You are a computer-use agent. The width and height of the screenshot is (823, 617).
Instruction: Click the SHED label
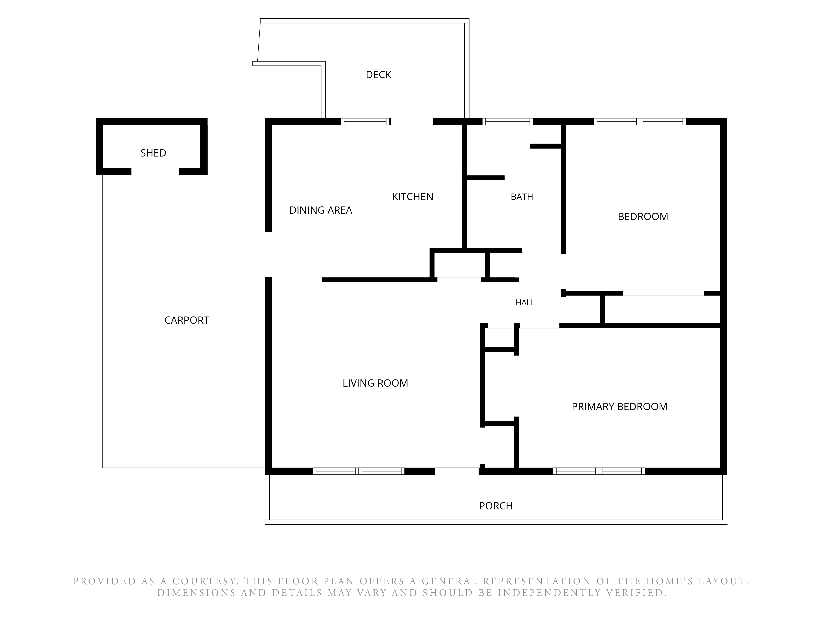click(x=153, y=153)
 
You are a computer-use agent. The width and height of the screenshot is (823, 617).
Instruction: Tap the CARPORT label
click(x=187, y=320)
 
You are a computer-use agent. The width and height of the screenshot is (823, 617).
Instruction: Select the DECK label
click(x=378, y=75)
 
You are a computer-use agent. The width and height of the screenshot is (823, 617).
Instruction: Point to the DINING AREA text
click(x=321, y=210)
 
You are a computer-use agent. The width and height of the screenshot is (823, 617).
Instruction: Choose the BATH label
click(x=522, y=197)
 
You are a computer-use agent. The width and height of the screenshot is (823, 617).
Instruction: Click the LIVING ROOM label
click(x=375, y=383)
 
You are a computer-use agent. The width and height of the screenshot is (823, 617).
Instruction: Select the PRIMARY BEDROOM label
click(x=620, y=406)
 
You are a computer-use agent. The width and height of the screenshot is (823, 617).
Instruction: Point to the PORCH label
click(x=496, y=506)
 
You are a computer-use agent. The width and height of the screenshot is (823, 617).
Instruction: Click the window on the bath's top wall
click(x=508, y=122)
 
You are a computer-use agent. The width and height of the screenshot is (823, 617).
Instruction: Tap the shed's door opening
click(x=155, y=172)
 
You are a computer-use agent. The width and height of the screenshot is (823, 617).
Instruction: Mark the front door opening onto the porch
click(x=457, y=471)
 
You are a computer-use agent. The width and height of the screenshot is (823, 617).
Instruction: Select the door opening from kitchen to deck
click(x=412, y=122)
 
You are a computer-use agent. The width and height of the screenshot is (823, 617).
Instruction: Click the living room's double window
click(x=359, y=471)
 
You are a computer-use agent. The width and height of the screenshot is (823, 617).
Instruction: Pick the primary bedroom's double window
click(x=599, y=471)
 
